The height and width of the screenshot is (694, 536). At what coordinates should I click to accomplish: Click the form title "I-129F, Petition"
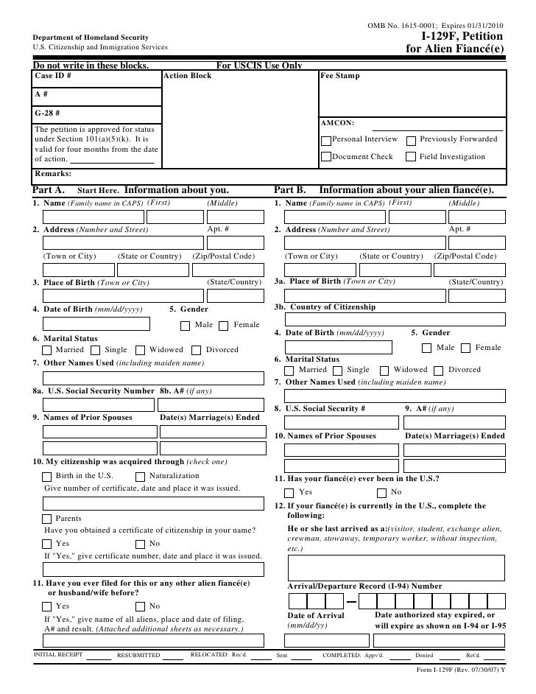point(462,36)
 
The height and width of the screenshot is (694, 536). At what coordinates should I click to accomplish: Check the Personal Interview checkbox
point(326,139)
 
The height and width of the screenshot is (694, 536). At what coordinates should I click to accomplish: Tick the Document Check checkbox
point(326,157)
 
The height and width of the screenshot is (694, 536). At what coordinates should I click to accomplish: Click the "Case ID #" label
point(53,76)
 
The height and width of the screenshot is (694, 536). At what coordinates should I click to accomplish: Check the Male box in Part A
point(186,326)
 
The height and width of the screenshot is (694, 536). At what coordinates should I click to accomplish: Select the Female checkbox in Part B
point(466,348)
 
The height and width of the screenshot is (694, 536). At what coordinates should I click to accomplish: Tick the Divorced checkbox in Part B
point(439,370)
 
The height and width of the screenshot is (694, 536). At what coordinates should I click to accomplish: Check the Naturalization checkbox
point(141,477)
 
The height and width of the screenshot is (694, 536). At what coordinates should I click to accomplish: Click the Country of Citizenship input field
point(389,319)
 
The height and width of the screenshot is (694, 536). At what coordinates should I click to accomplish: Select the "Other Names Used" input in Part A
point(152,378)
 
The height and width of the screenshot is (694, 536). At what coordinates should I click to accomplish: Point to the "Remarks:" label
point(53,174)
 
